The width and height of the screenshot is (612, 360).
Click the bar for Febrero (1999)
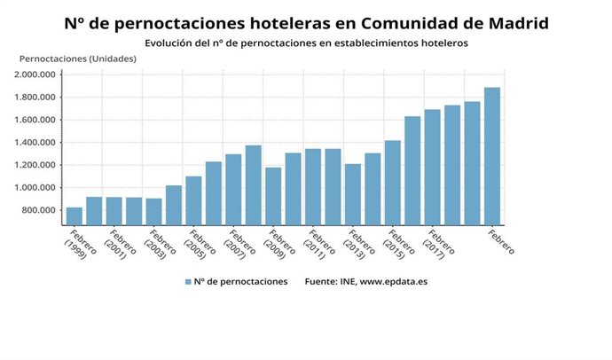coord(75,215)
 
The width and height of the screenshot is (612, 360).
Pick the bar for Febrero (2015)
coord(392,182)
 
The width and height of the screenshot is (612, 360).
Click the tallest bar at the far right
coord(491,156)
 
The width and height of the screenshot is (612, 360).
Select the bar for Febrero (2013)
coord(353,194)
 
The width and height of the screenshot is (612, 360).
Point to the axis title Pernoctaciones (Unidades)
coord(77,59)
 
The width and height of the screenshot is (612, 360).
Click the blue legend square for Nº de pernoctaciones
coord(188,282)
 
